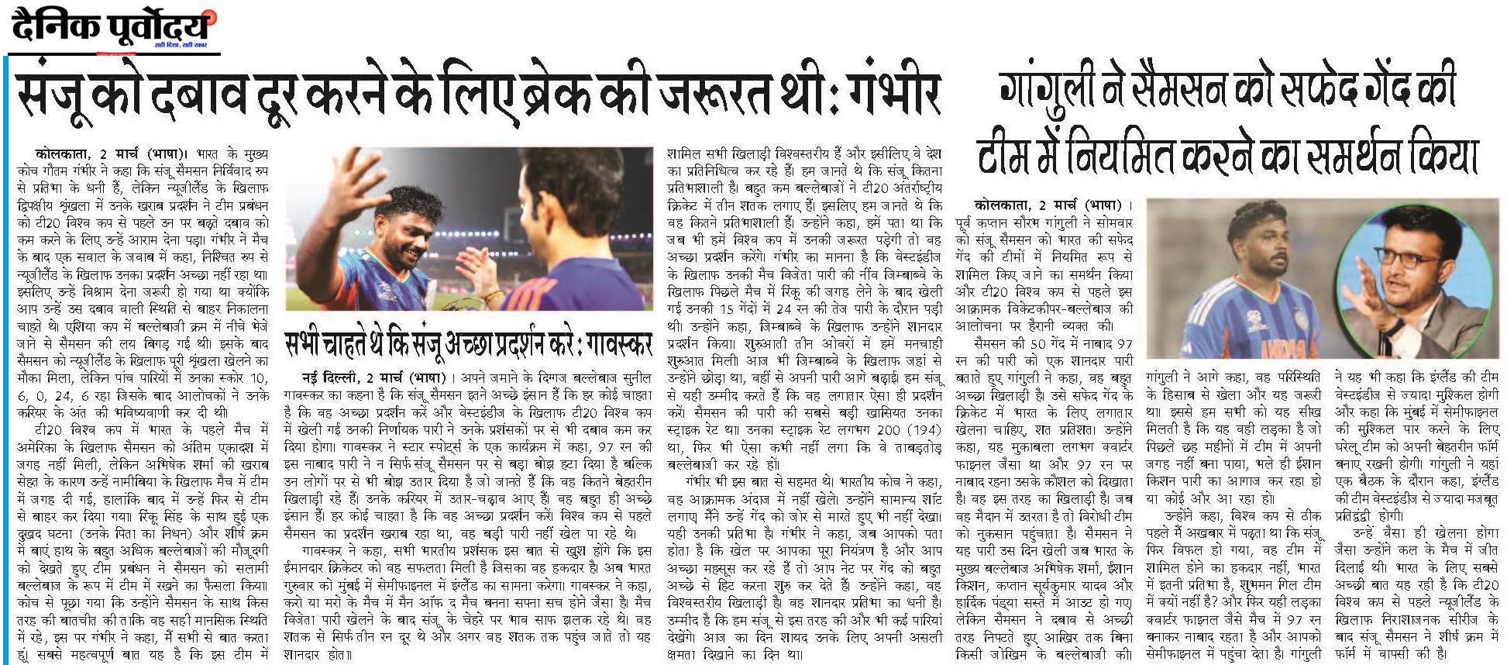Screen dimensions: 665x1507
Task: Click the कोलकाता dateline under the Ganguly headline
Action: (x=1004, y=205)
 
